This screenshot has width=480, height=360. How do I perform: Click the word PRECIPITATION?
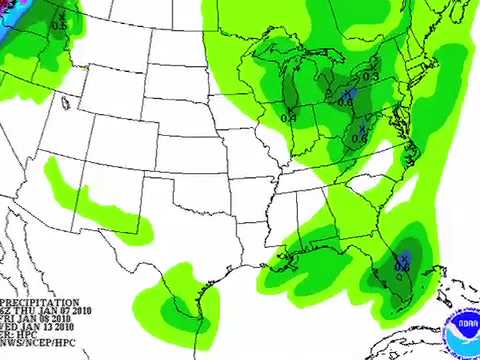pos(40,302)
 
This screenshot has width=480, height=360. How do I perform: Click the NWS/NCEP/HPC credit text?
pos(38,343)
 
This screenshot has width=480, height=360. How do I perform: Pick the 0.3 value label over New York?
pos(371,76)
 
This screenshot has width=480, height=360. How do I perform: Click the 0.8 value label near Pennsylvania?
pos(346,100)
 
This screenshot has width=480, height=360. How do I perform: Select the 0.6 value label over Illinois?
pos(288,117)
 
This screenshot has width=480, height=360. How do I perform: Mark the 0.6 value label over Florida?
pos(401,267)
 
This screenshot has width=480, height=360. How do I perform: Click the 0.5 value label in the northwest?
pos(58,24)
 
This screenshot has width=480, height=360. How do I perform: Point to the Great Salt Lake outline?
pos(67,101)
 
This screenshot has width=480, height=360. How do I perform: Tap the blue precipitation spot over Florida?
pos(405,257)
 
